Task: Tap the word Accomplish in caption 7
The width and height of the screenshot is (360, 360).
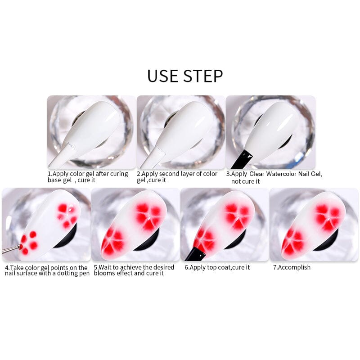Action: point(294,267)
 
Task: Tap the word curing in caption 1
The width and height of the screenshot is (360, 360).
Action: point(118,174)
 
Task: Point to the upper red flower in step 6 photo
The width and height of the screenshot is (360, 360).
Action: point(237,214)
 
